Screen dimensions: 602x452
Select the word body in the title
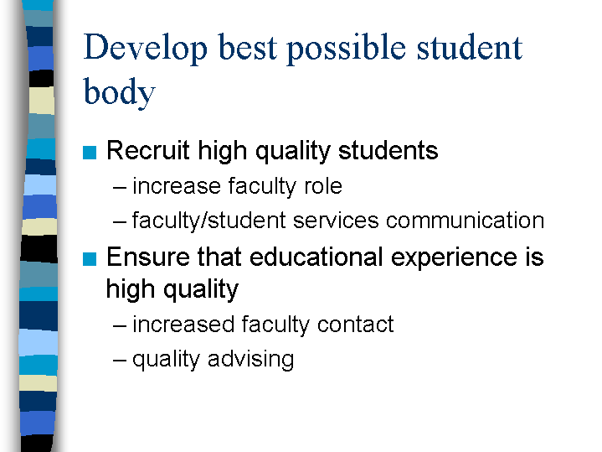120,92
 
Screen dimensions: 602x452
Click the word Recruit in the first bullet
148,150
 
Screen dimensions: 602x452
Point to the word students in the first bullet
388,150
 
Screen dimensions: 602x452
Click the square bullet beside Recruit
90,153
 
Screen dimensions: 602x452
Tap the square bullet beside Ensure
90,259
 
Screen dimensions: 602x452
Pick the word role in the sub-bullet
323,186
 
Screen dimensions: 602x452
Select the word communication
465,221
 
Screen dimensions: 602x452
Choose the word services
336,221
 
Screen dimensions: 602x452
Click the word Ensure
148,257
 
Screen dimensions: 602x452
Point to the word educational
316,257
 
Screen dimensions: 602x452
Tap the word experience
454,257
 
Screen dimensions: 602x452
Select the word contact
356,325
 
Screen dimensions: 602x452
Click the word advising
251,360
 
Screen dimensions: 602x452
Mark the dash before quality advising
120,361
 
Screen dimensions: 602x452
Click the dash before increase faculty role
120,188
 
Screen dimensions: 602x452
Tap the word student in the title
470,48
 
